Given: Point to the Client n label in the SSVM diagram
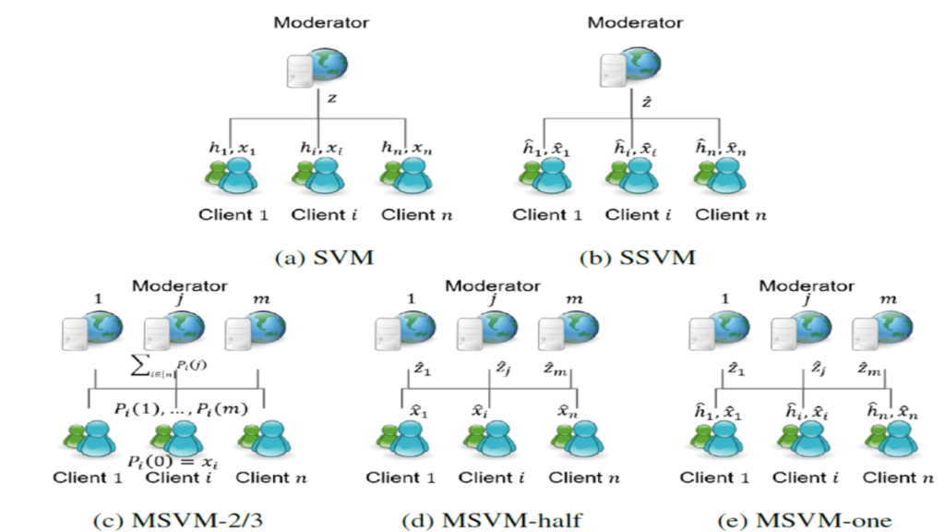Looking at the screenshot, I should coord(730,216).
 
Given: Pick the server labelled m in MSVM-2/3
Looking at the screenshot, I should coord(252,329).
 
